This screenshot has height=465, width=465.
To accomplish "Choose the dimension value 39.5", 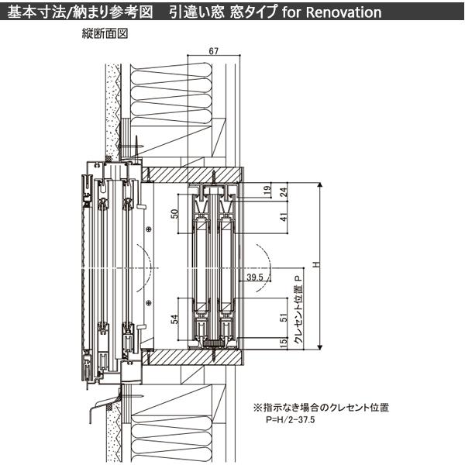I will (255, 276).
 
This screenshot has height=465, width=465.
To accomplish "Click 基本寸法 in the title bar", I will (31, 12).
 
